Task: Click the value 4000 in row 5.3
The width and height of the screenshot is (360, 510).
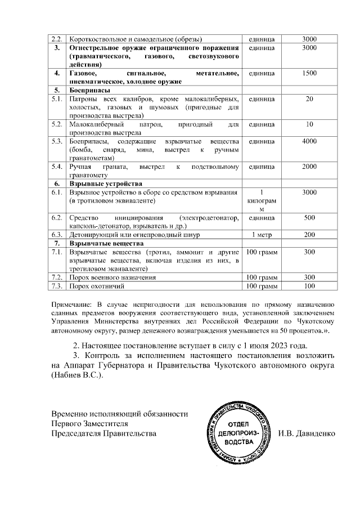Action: click(309, 141)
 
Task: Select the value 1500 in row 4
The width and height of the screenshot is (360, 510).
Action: click(309, 74)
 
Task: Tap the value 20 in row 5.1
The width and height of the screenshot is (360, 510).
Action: click(309, 100)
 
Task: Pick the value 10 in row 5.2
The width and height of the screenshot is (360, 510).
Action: click(309, 124)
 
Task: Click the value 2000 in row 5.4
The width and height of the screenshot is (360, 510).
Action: click(309, 167)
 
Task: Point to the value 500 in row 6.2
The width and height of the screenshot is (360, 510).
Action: click(309, 217)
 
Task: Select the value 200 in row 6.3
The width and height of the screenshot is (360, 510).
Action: click(309, 234)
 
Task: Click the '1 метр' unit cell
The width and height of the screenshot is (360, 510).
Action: click(261, 234)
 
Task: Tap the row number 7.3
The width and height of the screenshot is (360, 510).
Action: click(56, 287)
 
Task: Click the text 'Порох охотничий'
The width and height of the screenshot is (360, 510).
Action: click(96, 287)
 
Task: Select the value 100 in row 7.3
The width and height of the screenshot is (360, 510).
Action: click(309, 287)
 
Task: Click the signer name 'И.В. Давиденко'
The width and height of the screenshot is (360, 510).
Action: click(307, 434)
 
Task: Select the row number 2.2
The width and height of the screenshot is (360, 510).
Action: click(56, 39)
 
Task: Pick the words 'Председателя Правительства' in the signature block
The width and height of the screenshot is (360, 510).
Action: click(103, 434)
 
